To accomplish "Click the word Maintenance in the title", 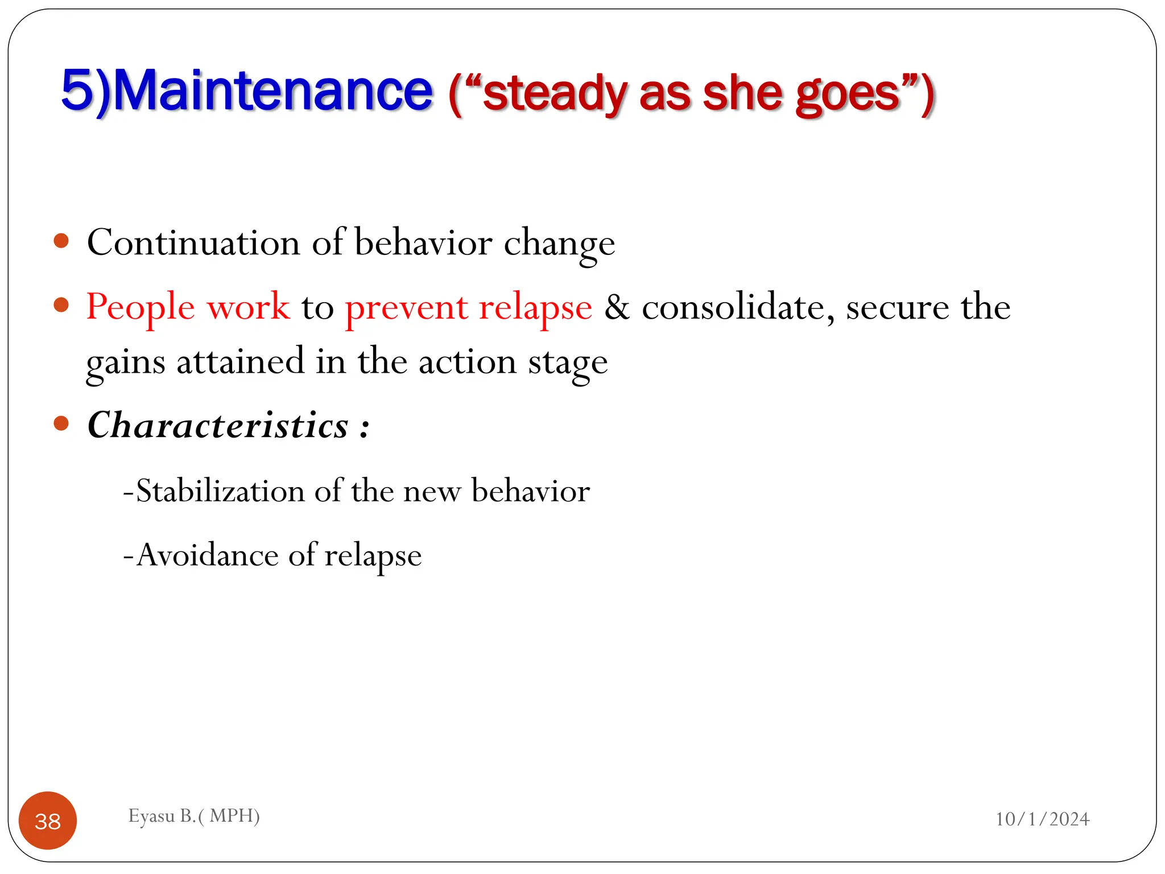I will pyautogui.click(x=273, y=91).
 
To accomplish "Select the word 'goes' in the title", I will pyautogui.click(x=848, y=94).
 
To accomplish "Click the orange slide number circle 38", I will pyautogui.click(x=48, y=821).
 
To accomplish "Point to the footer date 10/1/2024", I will pyautogui.click(x=1042, y=819).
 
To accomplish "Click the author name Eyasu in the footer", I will pyautogui.click(x=151, y=816).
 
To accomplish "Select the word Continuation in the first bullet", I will pyautogui.click(x=193, y=243).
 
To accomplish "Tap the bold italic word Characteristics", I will pyautogui.click(x=218, y=425).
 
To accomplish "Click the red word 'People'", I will pyautogui.click(x=141, y=307).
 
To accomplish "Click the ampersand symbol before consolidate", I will pyautogui.click(x=617, y=307).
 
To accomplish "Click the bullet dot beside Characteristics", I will pyautogui.click(x=61, y=423).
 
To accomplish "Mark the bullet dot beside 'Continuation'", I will pyautogui.click(x=61, y=241).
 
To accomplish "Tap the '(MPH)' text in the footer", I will pyautogui.click(x=234, y=816).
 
